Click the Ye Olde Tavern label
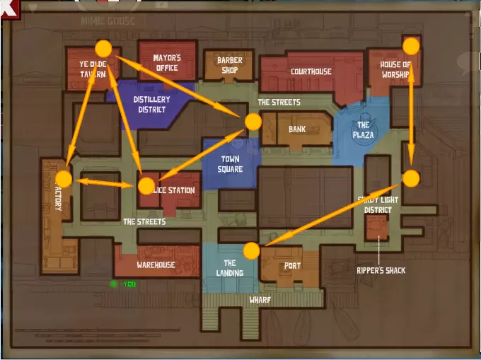92,69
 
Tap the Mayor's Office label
167,63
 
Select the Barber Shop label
229,65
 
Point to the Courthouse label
311,71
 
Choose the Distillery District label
150,105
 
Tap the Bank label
297,129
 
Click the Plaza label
363,130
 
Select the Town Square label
231,164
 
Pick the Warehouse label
156,265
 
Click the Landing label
229,268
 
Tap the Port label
292,266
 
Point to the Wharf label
260,300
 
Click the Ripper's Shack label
381,270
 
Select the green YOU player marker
113,284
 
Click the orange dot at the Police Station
146,186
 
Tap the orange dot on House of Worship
411,46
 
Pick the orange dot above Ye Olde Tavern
103,48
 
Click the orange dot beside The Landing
251,250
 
